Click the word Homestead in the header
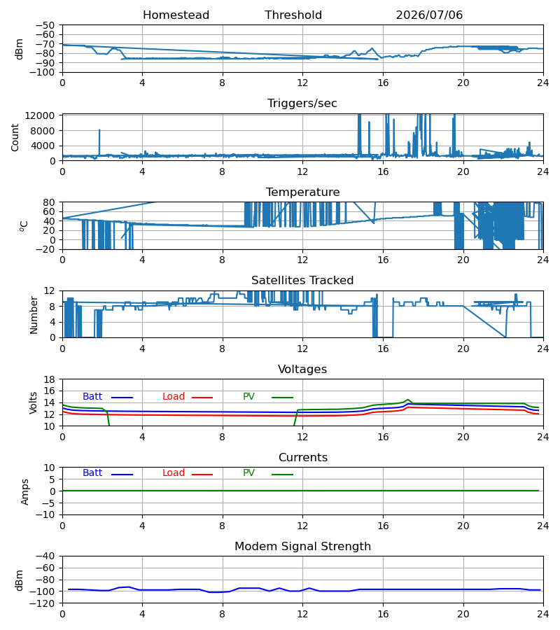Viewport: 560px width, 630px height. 176,15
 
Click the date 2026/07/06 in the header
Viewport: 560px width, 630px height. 429,15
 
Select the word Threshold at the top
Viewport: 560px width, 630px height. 293,15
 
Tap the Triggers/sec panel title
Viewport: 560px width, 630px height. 302,104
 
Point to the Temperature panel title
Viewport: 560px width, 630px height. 302,192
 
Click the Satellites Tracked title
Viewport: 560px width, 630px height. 302,281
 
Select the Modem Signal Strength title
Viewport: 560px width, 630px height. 302,547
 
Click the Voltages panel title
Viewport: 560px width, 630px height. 302,369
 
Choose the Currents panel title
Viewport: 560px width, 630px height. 303,458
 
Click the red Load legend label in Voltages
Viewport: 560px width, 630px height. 174,397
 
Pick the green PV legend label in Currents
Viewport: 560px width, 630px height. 248,473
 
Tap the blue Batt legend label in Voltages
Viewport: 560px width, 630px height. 92,397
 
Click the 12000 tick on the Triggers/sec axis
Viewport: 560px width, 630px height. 40,116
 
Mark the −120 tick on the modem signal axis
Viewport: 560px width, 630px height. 45,604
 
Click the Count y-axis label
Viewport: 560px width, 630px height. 15,137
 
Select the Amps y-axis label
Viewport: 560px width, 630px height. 25,492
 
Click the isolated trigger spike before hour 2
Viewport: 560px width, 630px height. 99,143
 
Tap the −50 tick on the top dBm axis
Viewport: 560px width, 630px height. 45,25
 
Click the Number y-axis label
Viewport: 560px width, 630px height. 34,315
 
